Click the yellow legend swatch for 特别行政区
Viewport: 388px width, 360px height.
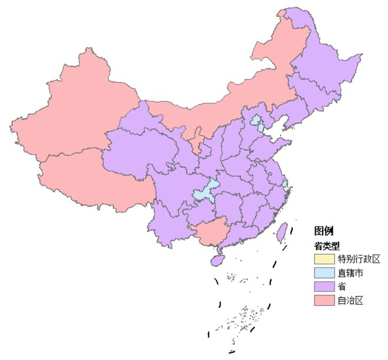coord(324,259)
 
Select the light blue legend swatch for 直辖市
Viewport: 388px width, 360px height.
coord(324,273)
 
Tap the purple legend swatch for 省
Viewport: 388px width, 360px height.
coord(324,287)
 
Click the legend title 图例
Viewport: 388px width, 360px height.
coord(324,231)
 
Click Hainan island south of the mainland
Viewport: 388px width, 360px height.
coord(218,258)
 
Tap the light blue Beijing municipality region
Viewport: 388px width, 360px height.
coord(257,122)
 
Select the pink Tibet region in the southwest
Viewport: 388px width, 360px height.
coord(88,176)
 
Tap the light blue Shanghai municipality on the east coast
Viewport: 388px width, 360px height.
coord(285,185)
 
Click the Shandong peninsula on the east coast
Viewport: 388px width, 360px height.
coord(273,144)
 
